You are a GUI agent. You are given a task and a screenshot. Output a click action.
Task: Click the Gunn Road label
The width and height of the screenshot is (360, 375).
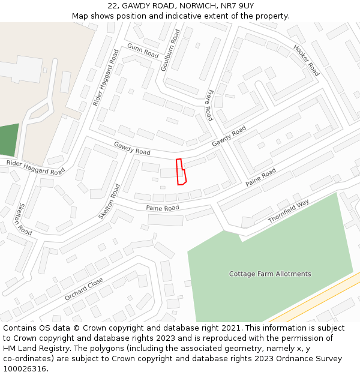pyautogui.click(x=142, y=50)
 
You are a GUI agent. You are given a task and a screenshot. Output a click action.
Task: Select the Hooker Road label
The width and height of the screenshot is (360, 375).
pyautogui.click(x=306, y=60)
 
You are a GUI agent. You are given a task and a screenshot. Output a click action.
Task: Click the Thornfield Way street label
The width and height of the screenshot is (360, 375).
pyautogui.click(x=288, y=212)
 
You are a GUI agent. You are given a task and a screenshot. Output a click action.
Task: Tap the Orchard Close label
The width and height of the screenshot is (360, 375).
pyautogui.click(x=83, y=289)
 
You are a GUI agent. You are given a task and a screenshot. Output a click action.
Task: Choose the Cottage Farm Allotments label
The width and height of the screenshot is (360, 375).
pyautogui.click(x=270, y=274)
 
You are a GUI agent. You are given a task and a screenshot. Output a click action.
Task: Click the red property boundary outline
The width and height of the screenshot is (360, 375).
pyautogui.click(x=181, y=172)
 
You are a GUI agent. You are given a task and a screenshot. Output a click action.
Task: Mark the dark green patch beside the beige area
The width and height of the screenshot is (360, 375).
pyautogui.click(x=9, y=140)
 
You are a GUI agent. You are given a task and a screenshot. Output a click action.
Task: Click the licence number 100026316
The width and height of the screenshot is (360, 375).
pyautogui.click(x=24, y=369)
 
